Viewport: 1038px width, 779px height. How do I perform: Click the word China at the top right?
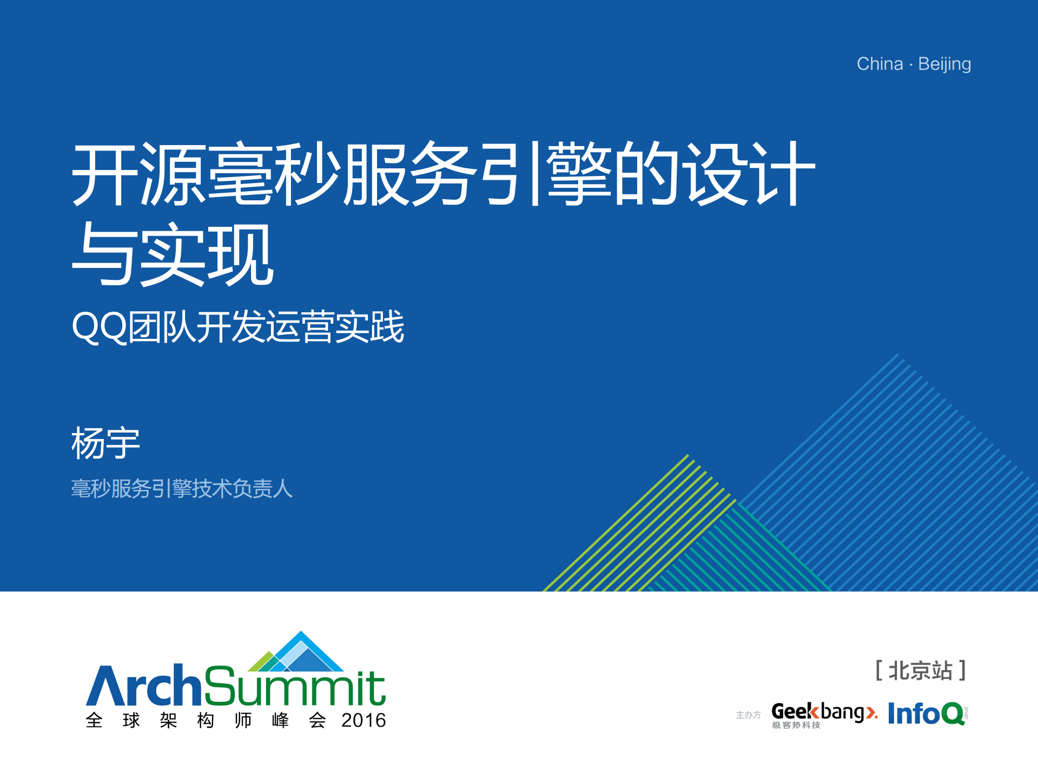(x=880, y=64)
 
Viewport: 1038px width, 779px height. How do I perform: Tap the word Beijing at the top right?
(x=944, y=64)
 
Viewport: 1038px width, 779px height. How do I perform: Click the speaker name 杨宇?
(x=105, y=443)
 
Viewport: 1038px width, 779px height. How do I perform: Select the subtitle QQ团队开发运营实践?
(x=238, y=327)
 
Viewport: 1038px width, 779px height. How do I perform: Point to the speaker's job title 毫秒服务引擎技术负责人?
(x=182, y=488)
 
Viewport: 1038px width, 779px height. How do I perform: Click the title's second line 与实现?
(x=173, y=254)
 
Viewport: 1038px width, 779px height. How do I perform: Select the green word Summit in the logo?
(x=295, y=686)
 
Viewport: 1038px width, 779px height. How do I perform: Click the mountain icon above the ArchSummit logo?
(x=297, y=652)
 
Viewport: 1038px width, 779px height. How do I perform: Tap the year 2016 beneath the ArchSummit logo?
(x=363, y=721)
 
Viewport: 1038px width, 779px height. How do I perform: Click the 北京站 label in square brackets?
(x=921, y=671)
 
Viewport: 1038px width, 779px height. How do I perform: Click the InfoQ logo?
(x=927, y=713)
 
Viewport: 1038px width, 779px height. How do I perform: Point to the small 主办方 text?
(x=748, y=715)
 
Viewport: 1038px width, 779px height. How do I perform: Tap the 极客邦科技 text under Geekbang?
(x=796, y=725)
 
